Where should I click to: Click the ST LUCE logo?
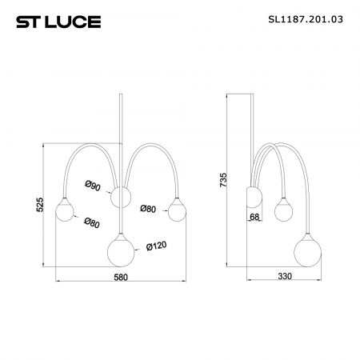tap(58, 22)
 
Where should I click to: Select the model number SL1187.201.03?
tap(306, 19)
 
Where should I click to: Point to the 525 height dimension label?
tap(39, 205)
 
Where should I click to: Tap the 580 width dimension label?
tap(121, 277)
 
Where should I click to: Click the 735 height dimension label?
tap(223, 180)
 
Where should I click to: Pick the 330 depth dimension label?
tap(285, 276)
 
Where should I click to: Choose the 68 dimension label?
tap(254, 217)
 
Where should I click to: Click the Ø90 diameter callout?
tap(93, 186)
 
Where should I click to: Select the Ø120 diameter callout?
tap(157, 246)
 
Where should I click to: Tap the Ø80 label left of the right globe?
tap(148, 209)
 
